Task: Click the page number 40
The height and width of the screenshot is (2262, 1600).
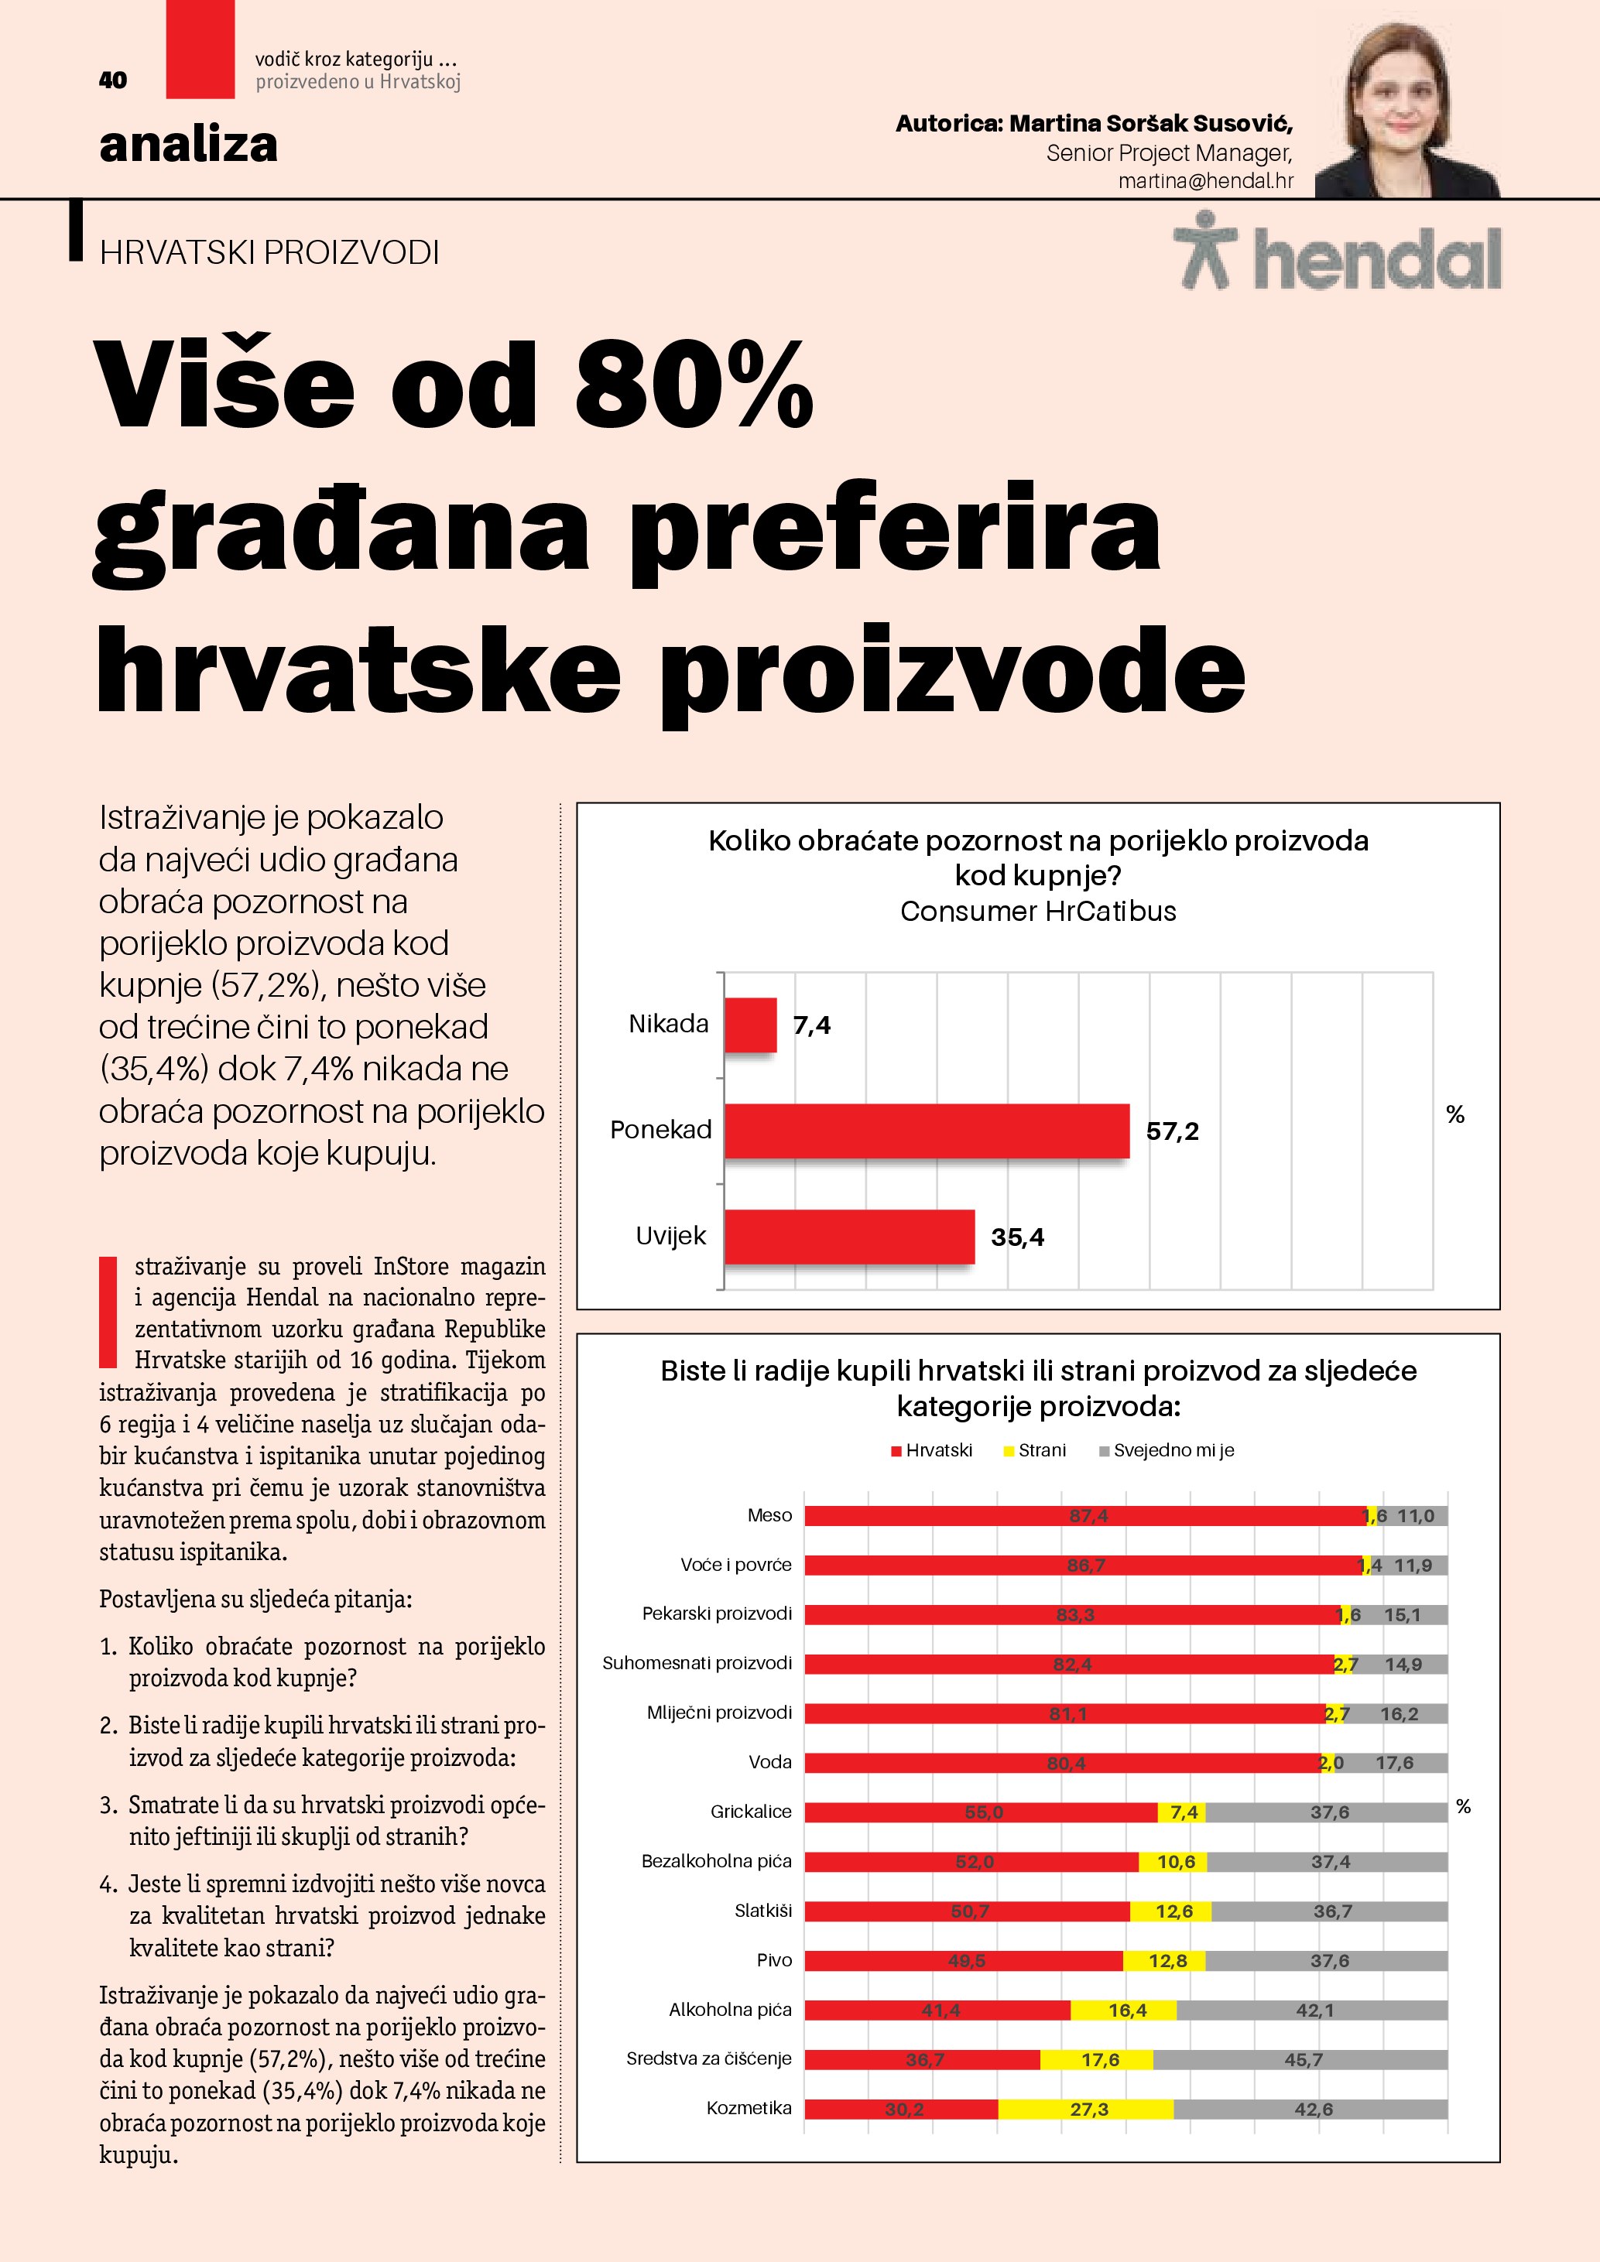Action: pyautogui.click(x=112, y=80)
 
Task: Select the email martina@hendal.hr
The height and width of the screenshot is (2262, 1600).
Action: pyautogui.click(x=1205, y=181)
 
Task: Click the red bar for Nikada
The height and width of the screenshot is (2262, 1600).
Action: pyautogui.click(x=750, y=1025)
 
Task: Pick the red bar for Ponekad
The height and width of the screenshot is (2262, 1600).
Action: pyautogui.click(x=926, y=1130)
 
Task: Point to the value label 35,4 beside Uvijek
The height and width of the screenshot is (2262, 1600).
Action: pyautogui.click(x=1017, y=1237)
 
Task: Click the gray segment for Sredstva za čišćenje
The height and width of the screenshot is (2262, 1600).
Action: pyautogui.click(x=1300, y=2060)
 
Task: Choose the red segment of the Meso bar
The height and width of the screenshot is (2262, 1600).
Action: pyautogui.click(x=1084, y=1516)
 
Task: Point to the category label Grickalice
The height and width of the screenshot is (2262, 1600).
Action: pyautogui.click(x=751, y=1812)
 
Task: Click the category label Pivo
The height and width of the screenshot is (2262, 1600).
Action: pyautogui.click(x=773, y=1960)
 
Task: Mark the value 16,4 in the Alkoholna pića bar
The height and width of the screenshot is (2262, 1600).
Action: pyautogui.click(x=1126, y=2010)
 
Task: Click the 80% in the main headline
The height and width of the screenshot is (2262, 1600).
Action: pyautogui.click(x=694, y=386)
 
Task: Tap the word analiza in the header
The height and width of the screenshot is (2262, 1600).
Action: pyautogui.click(x=188, y=145)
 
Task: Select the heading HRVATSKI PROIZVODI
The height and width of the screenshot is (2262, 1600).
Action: pyautogui.click(x=269, y=253)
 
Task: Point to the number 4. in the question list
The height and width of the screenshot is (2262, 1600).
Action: pyautogui.click(x=108, y=1884)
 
